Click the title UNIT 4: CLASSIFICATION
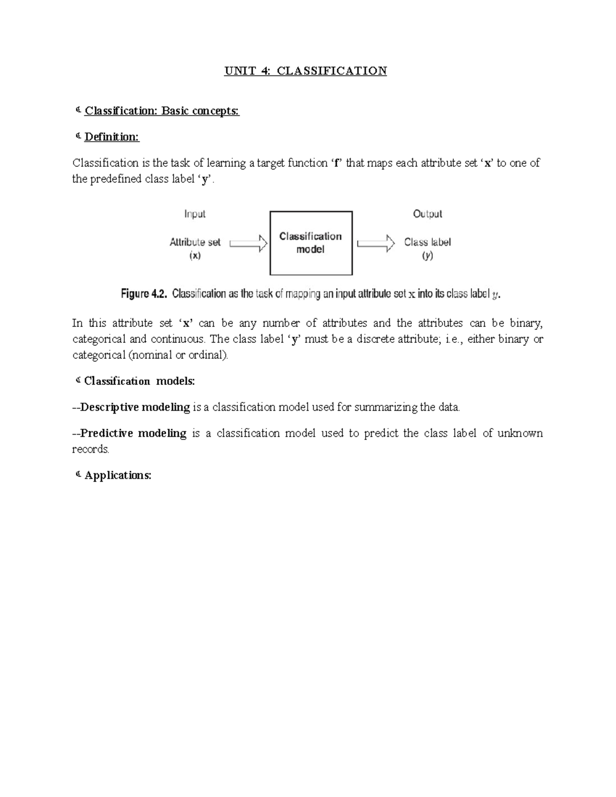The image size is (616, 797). coord(305,71)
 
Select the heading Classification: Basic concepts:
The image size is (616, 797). coord(162,111)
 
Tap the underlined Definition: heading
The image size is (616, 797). coord(111,137)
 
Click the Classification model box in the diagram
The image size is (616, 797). coord(311,243)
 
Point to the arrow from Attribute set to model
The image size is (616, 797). coord(248,243)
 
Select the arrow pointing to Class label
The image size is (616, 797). coord(376,243)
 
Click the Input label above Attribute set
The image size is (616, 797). coord(195,214)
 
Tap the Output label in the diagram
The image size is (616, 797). coord(428,214)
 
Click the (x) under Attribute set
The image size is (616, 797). coord(195,256)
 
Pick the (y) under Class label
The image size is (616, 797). coord(428,256)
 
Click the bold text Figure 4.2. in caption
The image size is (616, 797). coord(144,294)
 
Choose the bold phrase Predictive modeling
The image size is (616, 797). coord(133,433)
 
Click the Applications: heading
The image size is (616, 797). coord(118,475)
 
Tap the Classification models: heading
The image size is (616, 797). coord(139,381)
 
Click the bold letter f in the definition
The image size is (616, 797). coord(337,163)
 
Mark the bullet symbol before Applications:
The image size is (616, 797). coord(78,475)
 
